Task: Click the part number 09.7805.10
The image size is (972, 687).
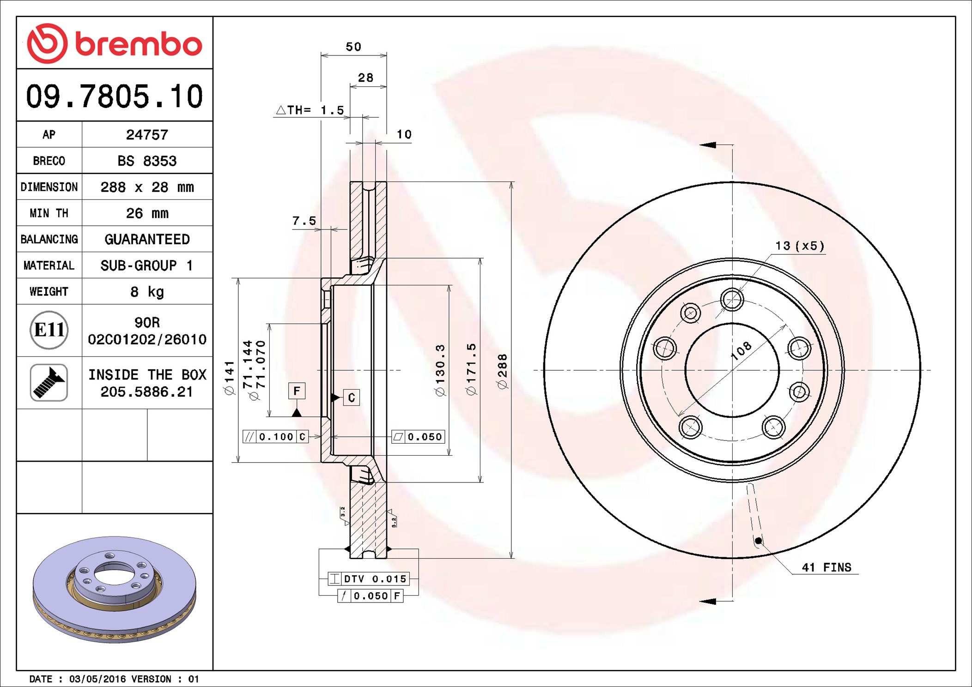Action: (x=115, y=96)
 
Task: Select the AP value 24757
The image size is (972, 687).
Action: (x=147, y=135)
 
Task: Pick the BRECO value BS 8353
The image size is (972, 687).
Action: (x=147, y=161)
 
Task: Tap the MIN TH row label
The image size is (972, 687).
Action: (x=49, y=213)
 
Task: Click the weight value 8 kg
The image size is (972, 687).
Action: (x=147, y=292)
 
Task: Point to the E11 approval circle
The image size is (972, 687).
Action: (x=49, y=330)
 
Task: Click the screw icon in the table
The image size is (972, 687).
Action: (x=49, y=382)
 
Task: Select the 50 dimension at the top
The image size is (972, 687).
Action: (x=353, y=47)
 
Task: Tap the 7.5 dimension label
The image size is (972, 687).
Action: (x=304, y=221)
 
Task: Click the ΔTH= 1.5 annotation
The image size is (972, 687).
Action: (x=310, y=110)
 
